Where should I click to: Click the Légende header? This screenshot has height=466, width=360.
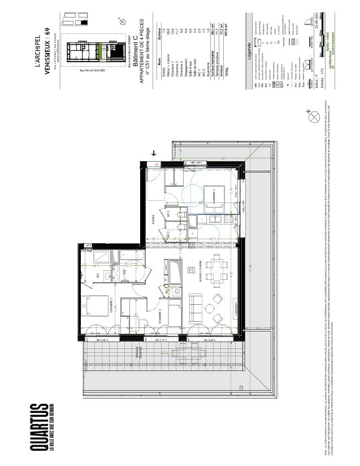(x=249, y=53)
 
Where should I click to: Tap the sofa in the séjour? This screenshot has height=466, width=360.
(x=197, y=308)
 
